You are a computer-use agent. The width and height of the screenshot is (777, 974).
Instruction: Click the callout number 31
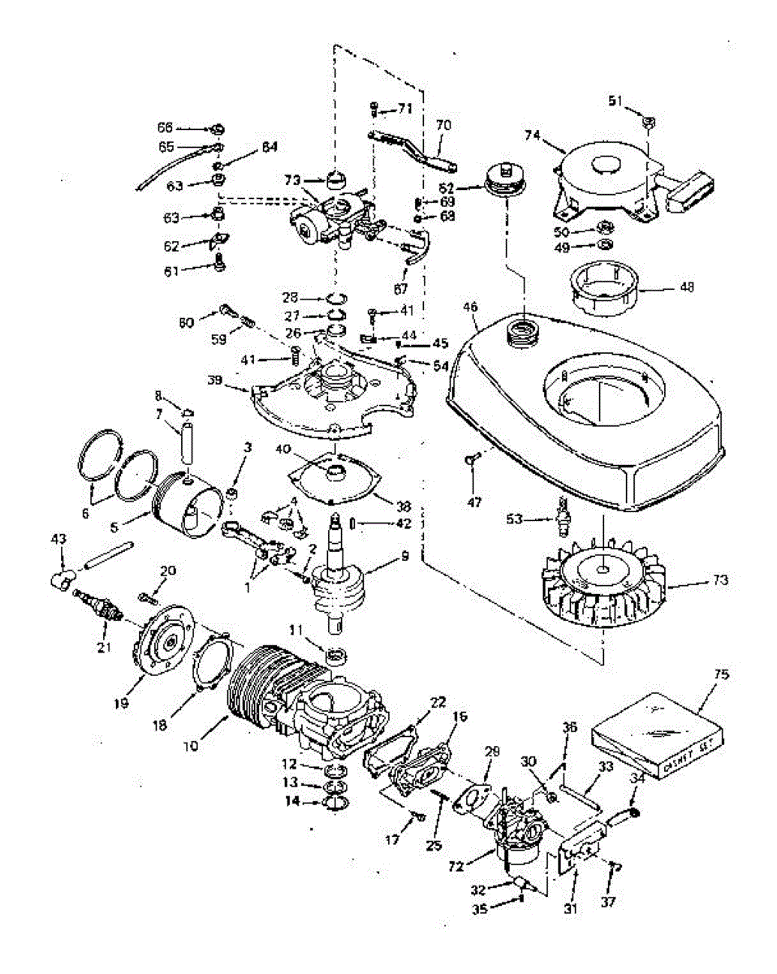pos(569,910)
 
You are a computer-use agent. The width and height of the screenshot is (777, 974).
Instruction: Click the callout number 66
pos(165,127)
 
